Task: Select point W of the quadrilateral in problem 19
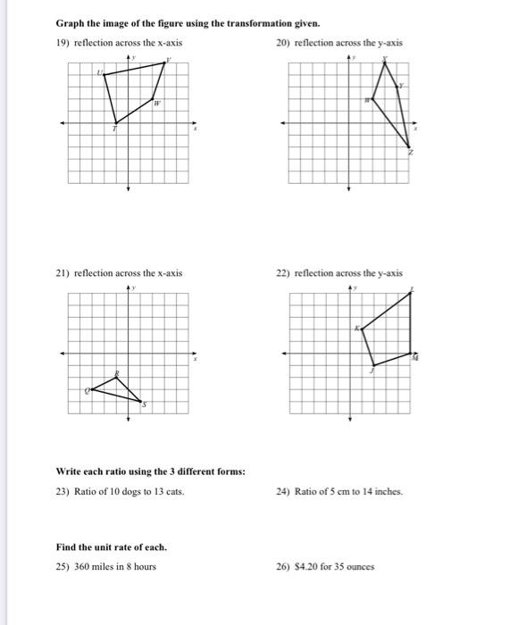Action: [x=153, y=99]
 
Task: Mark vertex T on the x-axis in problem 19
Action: [x=115, y=123]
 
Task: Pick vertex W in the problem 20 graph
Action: [x=372, y=100]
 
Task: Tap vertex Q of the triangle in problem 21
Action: [x=91, y=389]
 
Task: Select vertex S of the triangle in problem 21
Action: [x=141, y=401]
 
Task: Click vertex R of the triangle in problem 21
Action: [x=116, y=376]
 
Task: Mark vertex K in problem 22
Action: [x=363, y=328]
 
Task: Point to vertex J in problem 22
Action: [x=374, y=364]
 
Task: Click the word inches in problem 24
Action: [x=389, y=491]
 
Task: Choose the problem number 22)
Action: [x=284, y=273]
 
